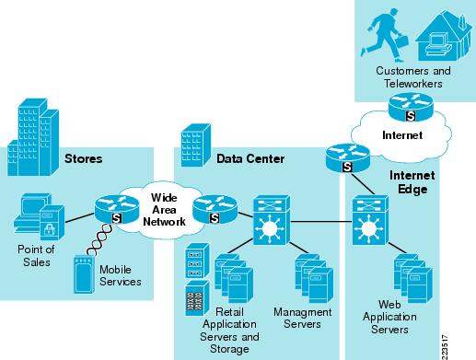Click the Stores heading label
[83, 158]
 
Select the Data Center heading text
[250, 158]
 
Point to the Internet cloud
[402, 135]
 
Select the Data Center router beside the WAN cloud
[214, 210]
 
